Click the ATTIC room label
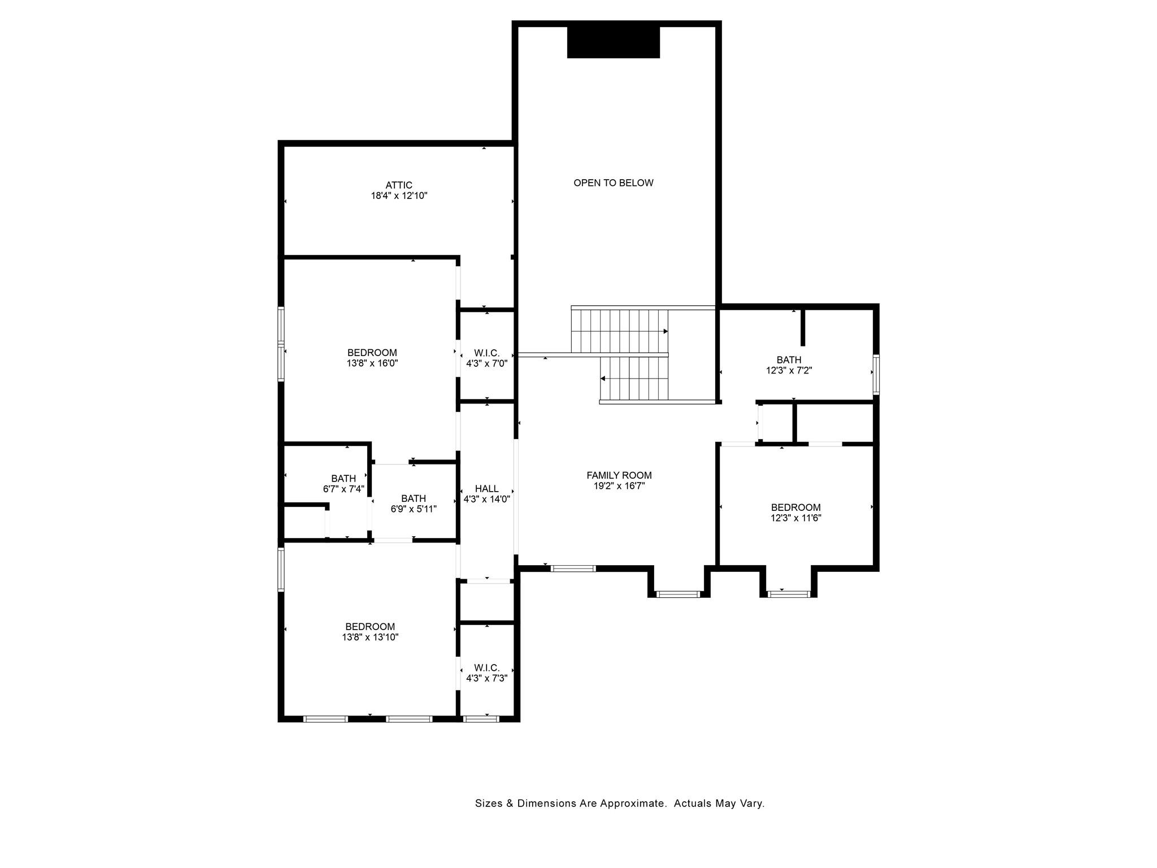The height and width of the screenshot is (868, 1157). pos(399,185)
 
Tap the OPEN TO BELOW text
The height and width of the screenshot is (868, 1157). pos(614,183)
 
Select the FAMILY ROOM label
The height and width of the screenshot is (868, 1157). pos(619,476)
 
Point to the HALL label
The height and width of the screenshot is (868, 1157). pos(487,489)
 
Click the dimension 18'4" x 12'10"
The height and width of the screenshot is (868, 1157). pos(399,196)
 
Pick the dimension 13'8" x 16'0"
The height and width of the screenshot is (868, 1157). pos(372,364)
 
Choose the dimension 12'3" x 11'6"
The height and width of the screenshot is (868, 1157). pos(795,518)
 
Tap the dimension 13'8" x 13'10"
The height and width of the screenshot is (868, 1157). pos(370,637)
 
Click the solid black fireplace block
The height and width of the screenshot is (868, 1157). pos(614,42)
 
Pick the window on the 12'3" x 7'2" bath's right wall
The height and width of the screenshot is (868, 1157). pos(876,374)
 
